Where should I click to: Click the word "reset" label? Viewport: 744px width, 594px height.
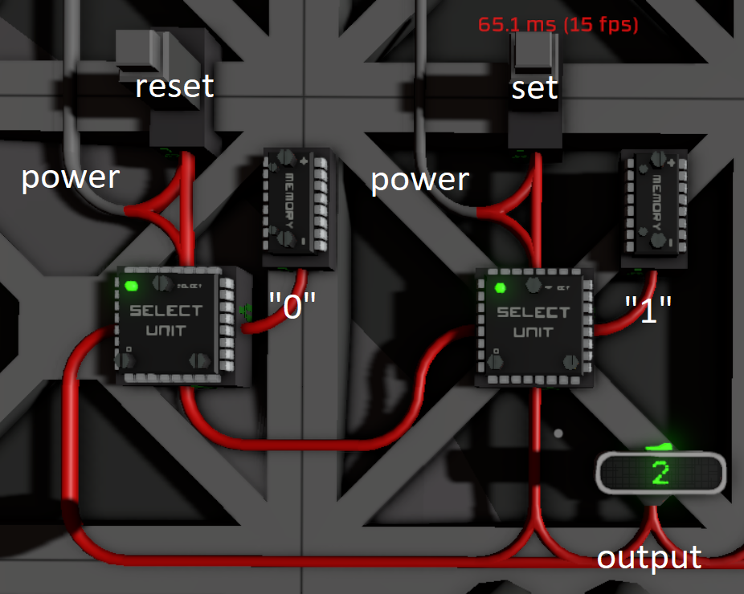point(174,86)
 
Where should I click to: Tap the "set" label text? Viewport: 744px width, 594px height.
point(534,87)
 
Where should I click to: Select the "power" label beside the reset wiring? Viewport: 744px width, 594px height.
point(70,177)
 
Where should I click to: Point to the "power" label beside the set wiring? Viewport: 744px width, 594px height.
point(419,181)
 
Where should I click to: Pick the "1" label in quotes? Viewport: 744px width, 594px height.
point(648,308)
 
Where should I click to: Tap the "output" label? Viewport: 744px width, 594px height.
point(649,557)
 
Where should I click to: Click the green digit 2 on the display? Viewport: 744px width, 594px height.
point(660,474)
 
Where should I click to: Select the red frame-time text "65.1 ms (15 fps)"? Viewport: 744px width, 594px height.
point(558,25)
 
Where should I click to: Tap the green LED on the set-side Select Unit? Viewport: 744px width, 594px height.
point(500,288)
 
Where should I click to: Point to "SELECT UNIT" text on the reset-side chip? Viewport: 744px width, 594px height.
point(166,319)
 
